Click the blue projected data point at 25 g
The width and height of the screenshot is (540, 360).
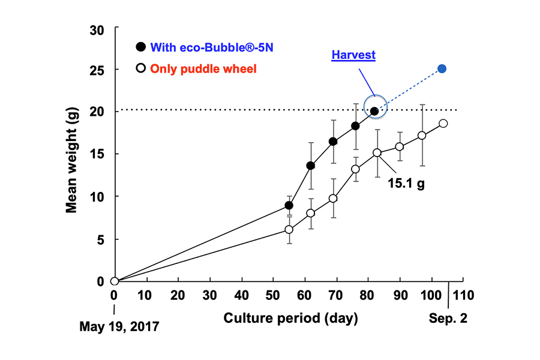click(x=442, y=69)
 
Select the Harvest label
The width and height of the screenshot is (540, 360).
click(x=354, y=55)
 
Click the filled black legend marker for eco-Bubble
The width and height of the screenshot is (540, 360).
click(x=140, y=47)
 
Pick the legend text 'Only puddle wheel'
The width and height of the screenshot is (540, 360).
click(x=203, y=69)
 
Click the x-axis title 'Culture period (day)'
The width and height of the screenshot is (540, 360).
click(x=291, y=318)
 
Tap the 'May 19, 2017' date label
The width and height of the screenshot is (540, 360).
click(x=119, y=327)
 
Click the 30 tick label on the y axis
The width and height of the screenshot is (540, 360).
click(x=96, y=29)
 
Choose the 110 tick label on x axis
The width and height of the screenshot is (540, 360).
click(x=464, y=296)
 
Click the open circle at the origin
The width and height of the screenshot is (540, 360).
click(x=115, y=281)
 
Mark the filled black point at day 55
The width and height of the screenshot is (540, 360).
click(x=289, y=205)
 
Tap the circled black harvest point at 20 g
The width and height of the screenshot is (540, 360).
click(x=374, y=111)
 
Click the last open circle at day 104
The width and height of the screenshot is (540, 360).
click(x=443, y=124)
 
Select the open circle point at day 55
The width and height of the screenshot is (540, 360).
click(x=289, y=229)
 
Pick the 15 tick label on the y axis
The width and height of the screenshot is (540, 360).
click(x=96, y=154)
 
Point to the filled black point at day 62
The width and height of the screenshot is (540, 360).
click(x=311, y=166)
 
